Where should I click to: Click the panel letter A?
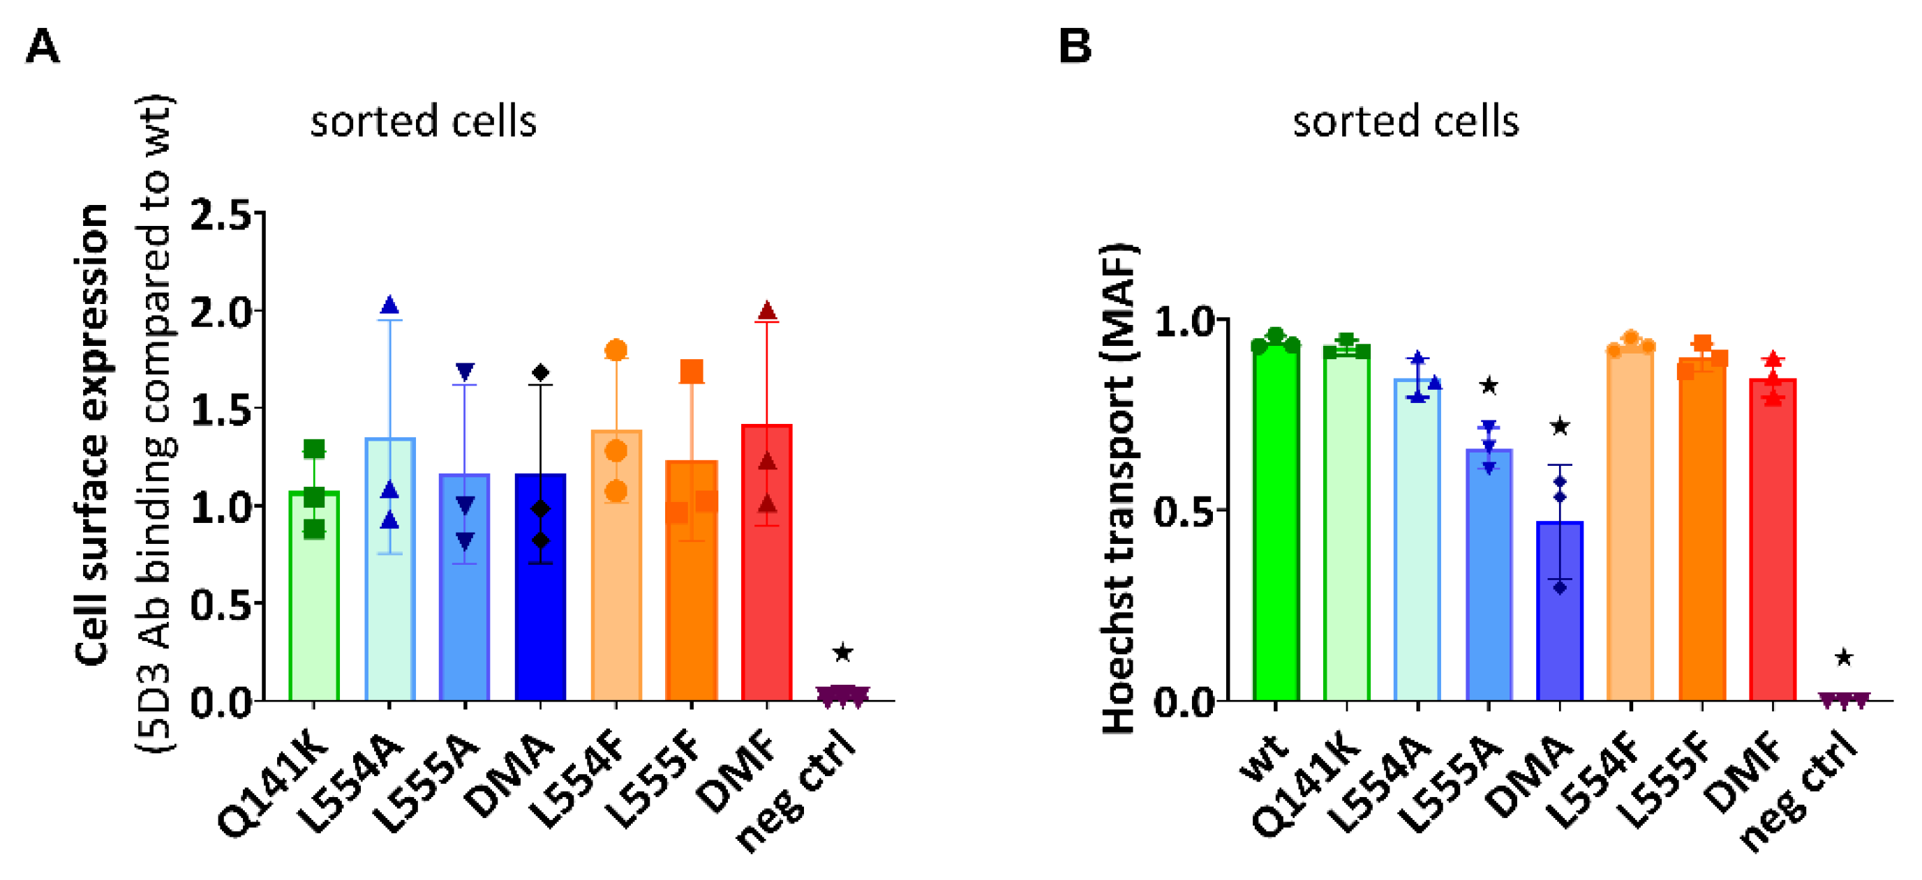tap(42, 47)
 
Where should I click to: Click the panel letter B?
tap(1075, 46)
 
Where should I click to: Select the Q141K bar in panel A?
tap(314, 597)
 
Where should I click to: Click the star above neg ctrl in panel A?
tap(842, 653)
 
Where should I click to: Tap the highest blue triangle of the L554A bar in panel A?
tap(389, 305)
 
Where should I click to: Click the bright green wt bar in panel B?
tap(1276, 522)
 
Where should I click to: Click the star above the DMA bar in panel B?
tap(1560, 427)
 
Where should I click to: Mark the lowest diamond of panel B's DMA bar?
tap(1560, 588)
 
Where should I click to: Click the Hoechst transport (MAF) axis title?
tap(1119, 489)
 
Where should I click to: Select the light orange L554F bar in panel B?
tap(1630, 522)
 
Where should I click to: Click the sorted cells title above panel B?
tap(1406, 121)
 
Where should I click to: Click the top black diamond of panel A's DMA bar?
tap(541, 372)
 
